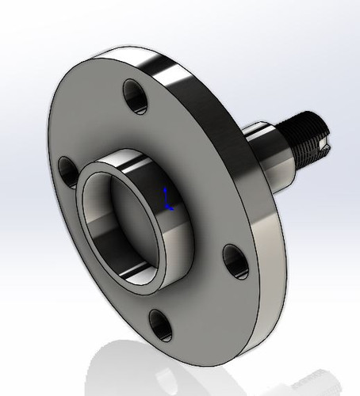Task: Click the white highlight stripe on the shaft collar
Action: point(262,131)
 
